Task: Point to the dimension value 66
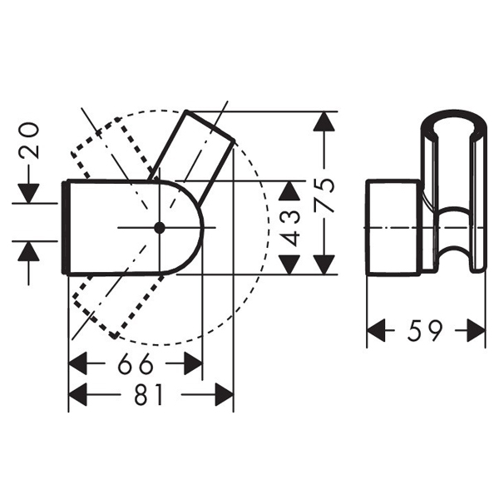point(134,364)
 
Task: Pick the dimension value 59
point(425,332)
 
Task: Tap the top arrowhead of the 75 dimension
point(325,122)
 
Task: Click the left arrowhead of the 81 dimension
point(78,395)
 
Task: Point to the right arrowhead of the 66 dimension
point(192,364)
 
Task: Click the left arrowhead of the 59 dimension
point(378,332)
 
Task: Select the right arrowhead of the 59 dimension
point(476,332)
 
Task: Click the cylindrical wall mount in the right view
point(393,226)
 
